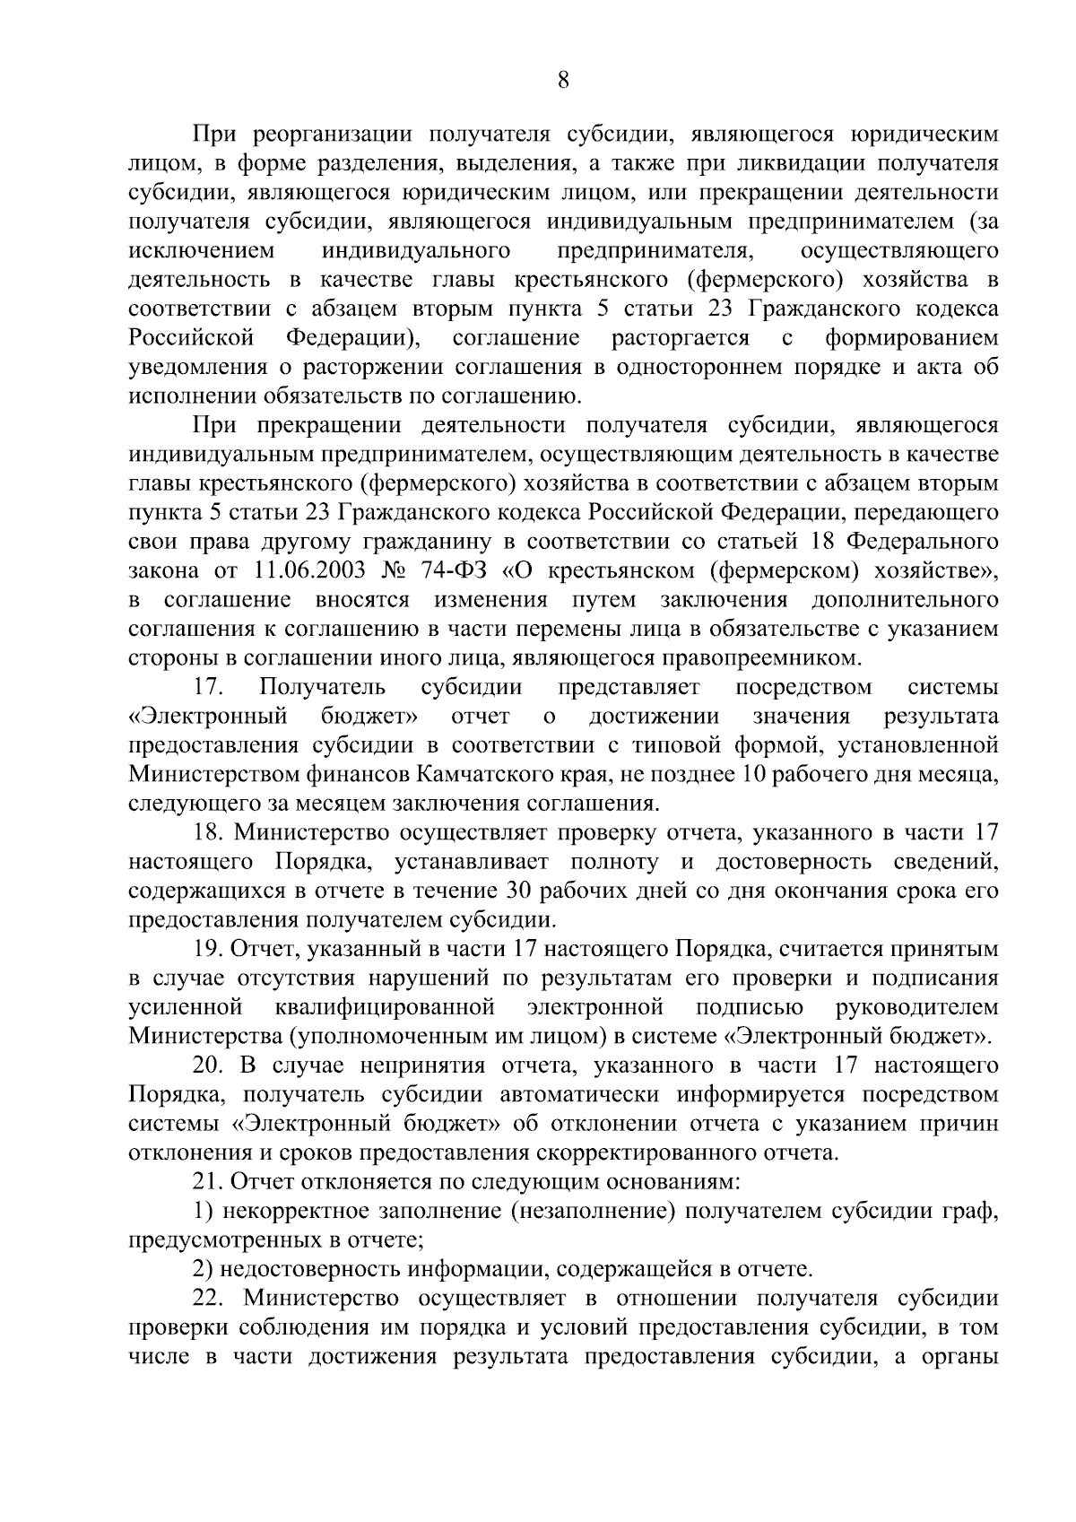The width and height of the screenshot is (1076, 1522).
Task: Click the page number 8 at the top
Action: pos(562,81)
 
